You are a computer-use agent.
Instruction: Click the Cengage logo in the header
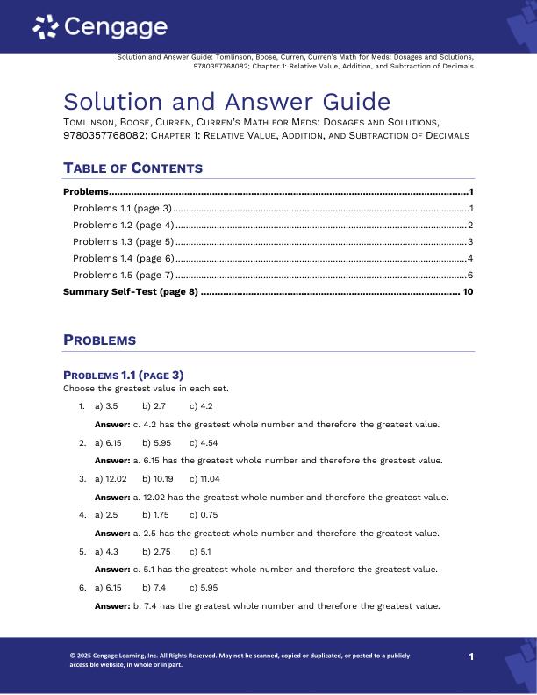[99, 28]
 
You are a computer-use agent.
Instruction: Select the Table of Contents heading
[132, 168]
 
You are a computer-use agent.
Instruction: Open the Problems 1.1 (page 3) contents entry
[122, 208]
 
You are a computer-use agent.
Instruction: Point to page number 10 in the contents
[468, 291]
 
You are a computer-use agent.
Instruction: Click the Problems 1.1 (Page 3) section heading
[123, 376]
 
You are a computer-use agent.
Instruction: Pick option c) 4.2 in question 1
[201, 406]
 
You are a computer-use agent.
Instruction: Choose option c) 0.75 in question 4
[204, 515]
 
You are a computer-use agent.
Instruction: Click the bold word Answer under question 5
[111, 569]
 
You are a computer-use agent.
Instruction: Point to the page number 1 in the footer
[471, 656]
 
